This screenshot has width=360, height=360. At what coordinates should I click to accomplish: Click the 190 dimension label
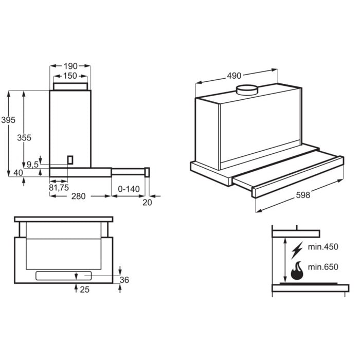(70, 66)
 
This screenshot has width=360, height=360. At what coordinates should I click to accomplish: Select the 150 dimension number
(70, 76)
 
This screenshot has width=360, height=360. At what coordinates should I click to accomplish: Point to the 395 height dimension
(8, 120)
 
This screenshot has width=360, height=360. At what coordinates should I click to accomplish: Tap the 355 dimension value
(24, 138)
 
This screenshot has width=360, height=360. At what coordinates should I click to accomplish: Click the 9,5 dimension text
(32, 165)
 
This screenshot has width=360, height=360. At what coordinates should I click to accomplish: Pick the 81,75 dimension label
(59, 188)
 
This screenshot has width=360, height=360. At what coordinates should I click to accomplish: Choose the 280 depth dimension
(78, 196)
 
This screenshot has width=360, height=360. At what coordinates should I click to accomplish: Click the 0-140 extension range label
(129, 189)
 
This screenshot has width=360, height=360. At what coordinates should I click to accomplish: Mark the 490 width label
(234, 76)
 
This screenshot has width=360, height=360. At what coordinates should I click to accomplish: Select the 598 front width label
(303, 195)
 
